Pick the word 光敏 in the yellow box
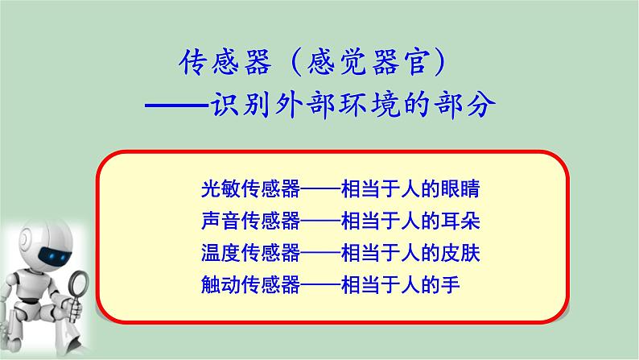218,189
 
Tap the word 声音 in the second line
218,221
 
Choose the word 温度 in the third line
218,252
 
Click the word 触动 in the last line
218,283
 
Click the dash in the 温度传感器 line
320,252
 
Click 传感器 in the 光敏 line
270,189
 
